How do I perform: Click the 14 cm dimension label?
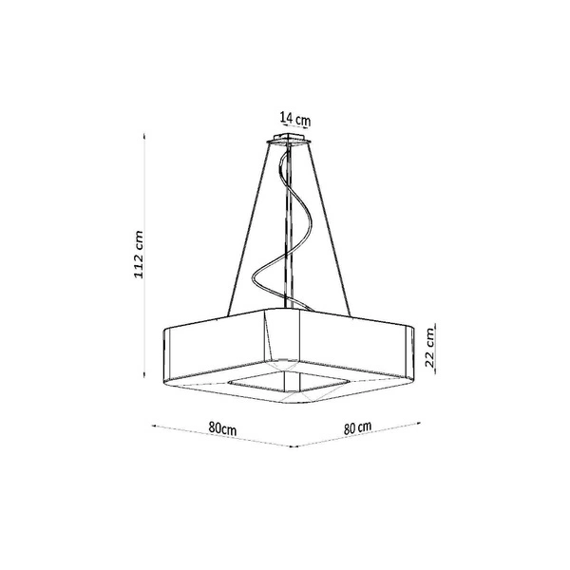click(295, 120)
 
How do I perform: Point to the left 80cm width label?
click(222, 428)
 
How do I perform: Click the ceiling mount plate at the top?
click(294, 141)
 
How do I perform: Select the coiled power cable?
click(282, 228)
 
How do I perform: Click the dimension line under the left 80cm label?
click(223, 436)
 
